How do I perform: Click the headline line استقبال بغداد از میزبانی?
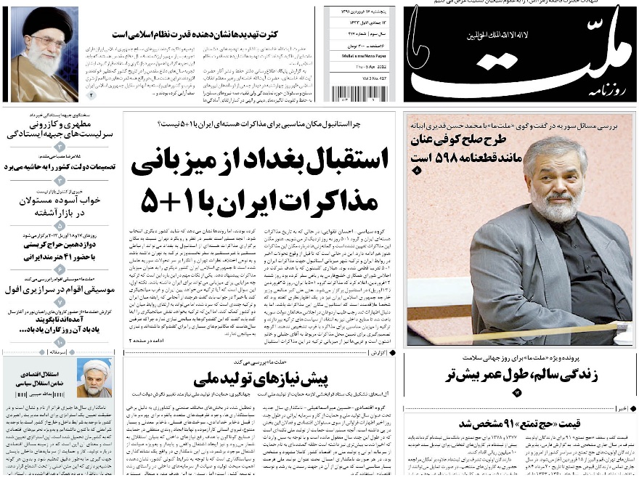coord(259,159)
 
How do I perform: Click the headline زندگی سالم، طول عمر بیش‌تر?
coord(520,376)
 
